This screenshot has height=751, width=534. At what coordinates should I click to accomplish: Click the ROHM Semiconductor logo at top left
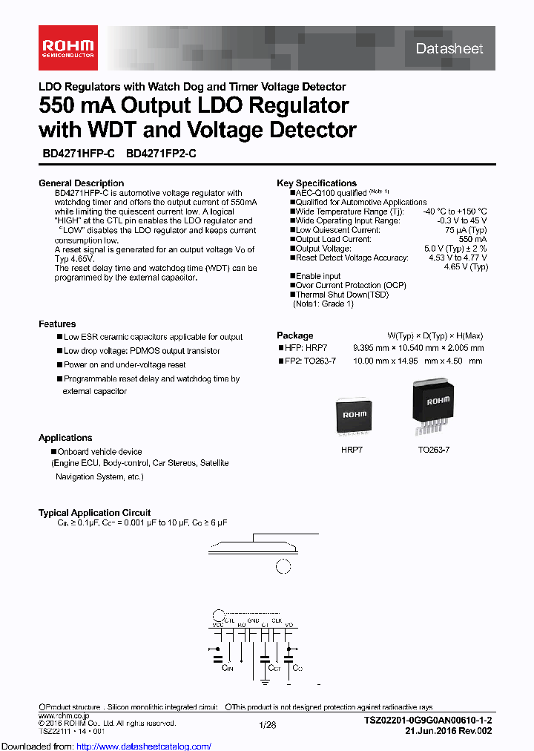pos(68,47)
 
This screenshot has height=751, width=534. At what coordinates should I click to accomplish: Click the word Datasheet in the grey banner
pos(449,49)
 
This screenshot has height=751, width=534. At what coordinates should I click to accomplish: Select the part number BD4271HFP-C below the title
pos(78,154)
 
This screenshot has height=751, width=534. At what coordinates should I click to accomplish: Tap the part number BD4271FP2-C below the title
pos(161,154)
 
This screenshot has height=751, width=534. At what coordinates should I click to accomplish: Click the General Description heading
pos(81,183)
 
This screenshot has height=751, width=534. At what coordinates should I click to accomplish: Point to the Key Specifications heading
pos(317,183)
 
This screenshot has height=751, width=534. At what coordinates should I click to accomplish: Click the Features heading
pos(57,324)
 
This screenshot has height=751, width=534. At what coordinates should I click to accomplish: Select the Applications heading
pos(65,438)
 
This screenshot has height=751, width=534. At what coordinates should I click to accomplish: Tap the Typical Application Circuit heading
pos(94,513)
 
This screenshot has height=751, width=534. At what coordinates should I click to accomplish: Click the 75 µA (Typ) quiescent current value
pos(466,230)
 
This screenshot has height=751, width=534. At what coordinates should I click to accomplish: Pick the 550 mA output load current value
pos(472,240)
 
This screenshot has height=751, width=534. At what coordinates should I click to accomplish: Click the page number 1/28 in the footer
pos(267,724)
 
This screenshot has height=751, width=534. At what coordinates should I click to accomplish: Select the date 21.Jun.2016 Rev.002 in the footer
pos(449,731)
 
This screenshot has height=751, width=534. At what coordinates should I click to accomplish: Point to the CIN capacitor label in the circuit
pos(228,668)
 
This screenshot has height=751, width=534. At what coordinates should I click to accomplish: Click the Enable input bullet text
pos(319,276)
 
